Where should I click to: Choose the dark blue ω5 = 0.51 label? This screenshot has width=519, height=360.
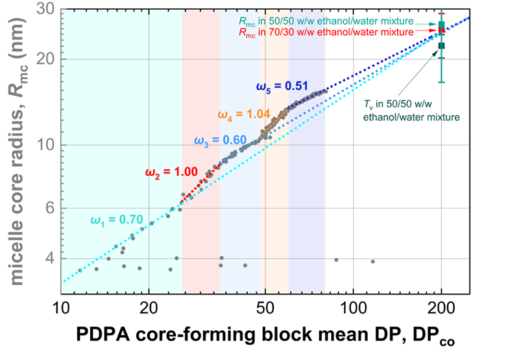[280, 84]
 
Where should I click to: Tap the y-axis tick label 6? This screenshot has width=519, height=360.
[52, 208]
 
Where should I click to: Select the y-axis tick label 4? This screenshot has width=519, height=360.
[52, 259]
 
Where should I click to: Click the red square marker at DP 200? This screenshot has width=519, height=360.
[441, 30]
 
